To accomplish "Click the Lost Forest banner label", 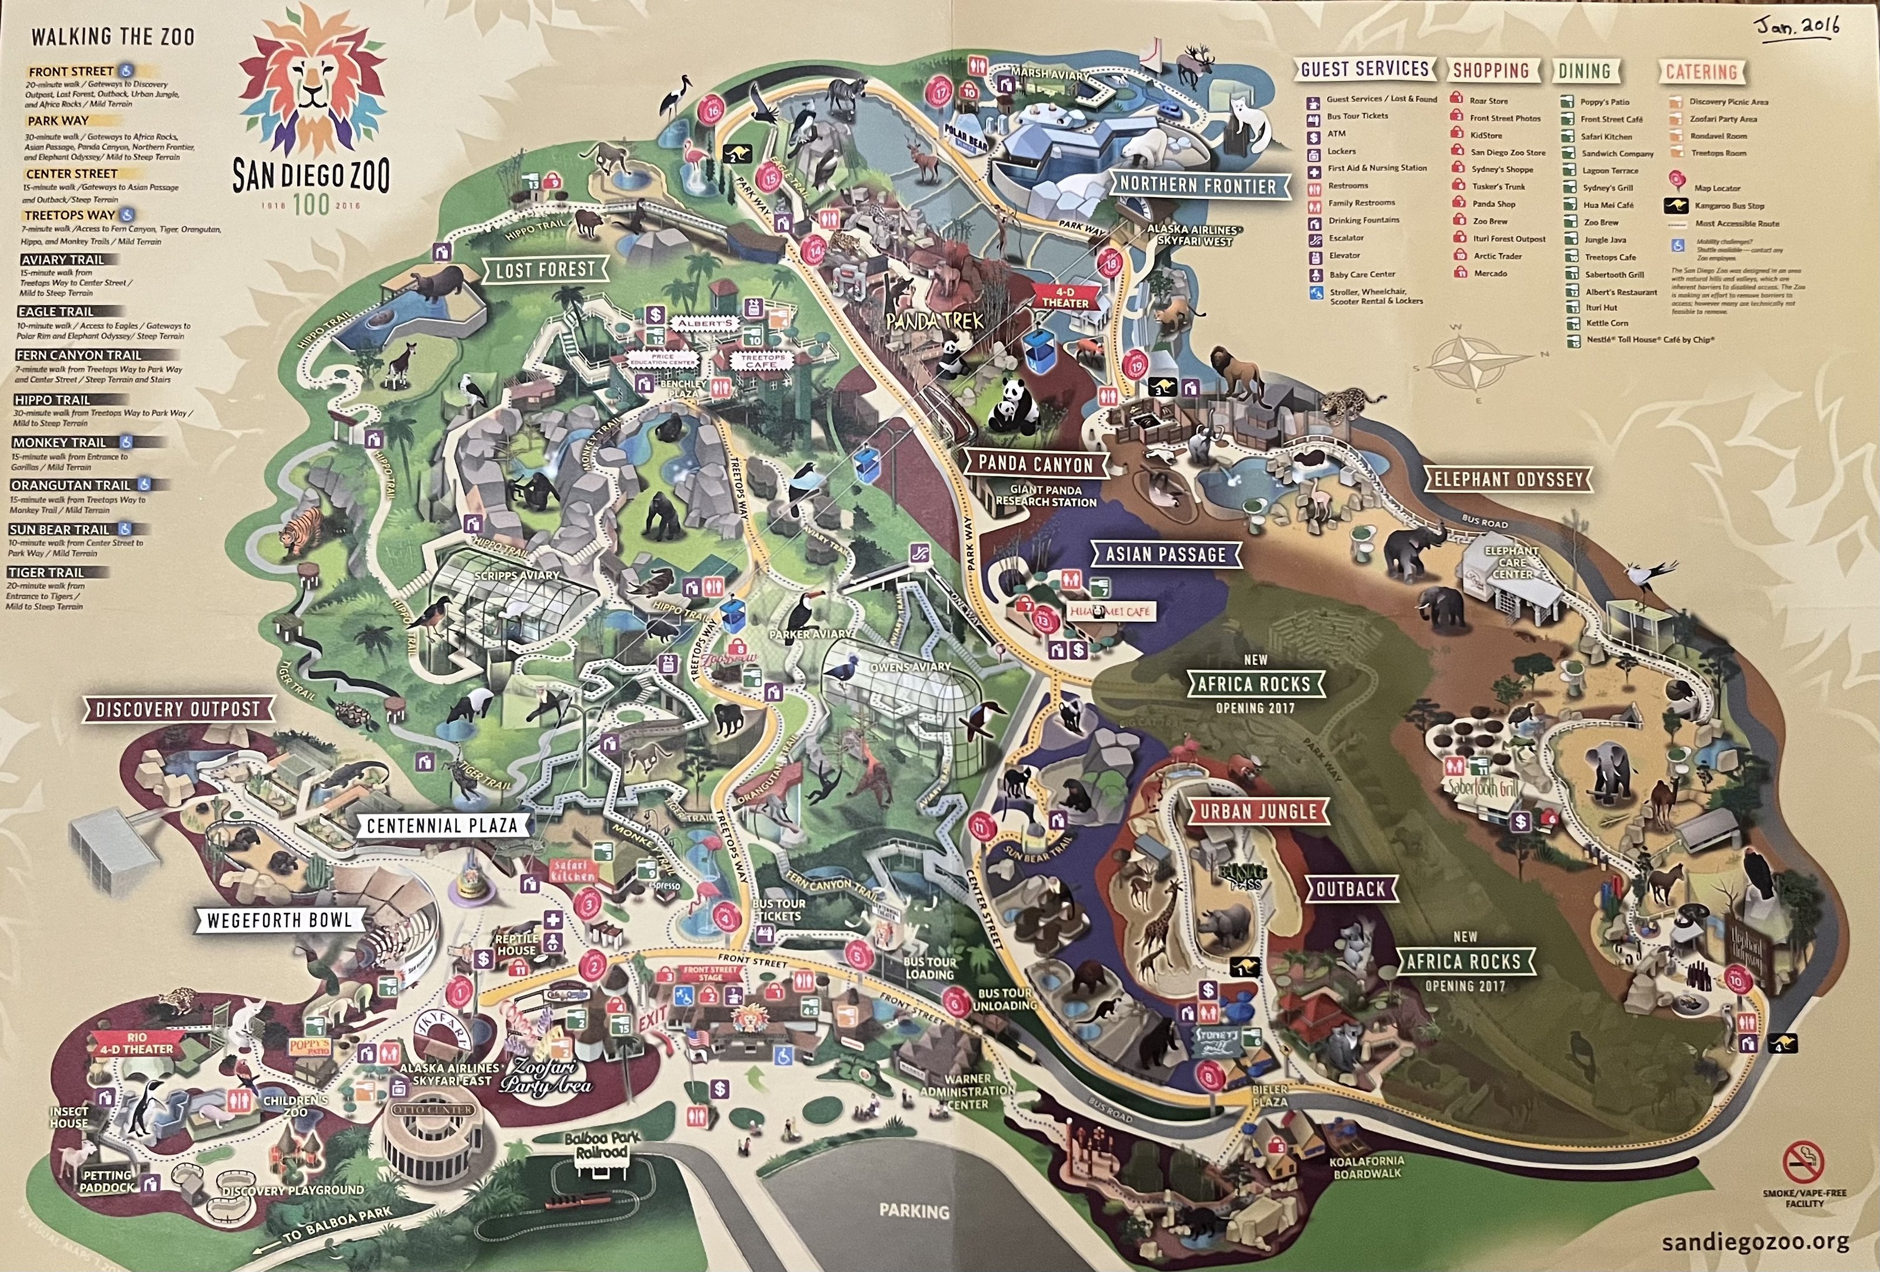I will [x=544, y=270].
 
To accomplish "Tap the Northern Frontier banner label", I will [x=1197, y=186].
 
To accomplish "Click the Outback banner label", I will [x=1350, y=889].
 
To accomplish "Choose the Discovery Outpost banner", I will [x=177, y=710].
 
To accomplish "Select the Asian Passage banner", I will [x=1165, y=555].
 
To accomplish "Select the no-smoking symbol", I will [x=1805, y=1163].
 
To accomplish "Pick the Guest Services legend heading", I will [x=1365, y=69].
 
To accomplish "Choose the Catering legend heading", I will [x=1701, y=72].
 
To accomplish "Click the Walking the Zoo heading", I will [x=112, y=37].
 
